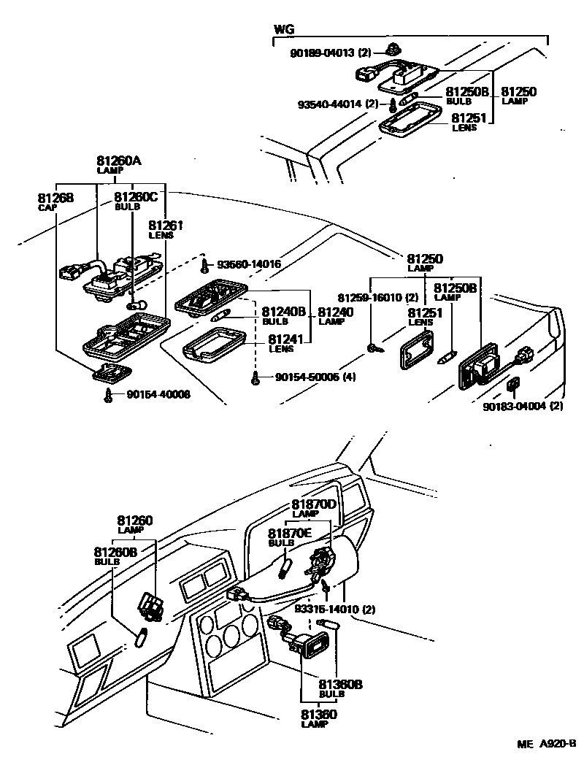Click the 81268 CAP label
(x=50, y=201)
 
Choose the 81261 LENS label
(x=166, y=229)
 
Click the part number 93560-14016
(x=247, y=264)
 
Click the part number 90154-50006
(x=314, y=377)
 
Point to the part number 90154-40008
(x=158, y=394)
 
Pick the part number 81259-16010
(x=372, y=297)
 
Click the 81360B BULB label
(x=340, y=688)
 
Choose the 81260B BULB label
(x=115, y=556)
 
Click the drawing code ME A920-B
(x=546, y=744)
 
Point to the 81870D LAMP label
(x=314, y=508)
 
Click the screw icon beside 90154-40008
(x=109, y=396)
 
